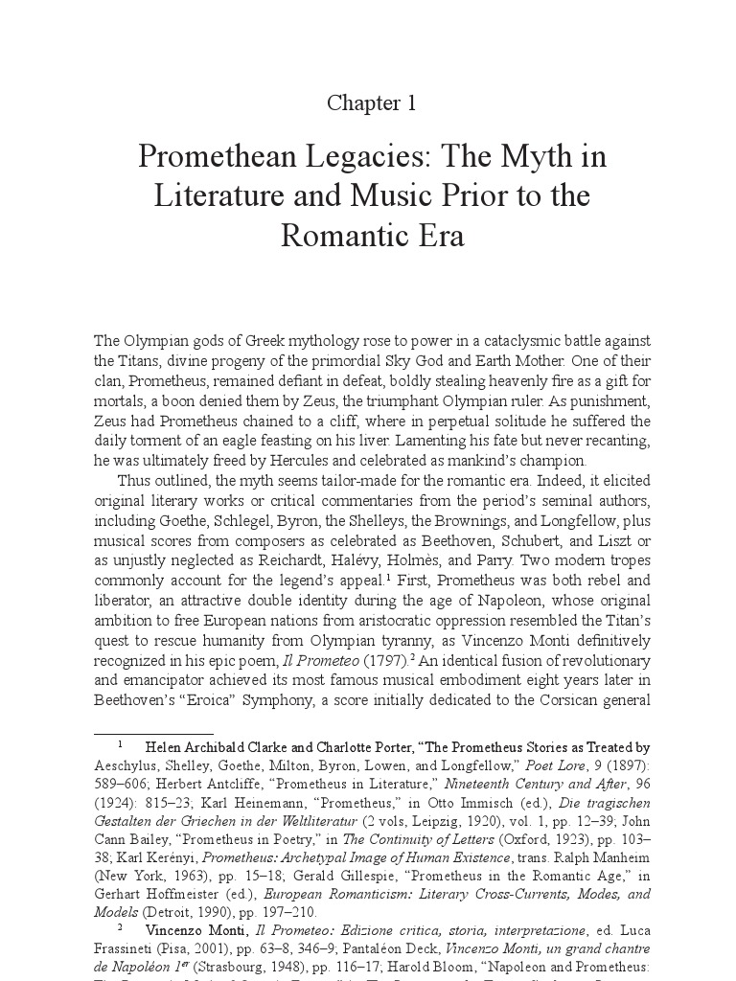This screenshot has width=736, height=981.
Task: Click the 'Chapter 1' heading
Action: (x=372, y=104)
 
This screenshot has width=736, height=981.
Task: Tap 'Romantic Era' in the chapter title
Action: (x=372, y=236)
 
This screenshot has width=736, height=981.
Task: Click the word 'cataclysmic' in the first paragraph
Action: (x=488, y=342)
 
